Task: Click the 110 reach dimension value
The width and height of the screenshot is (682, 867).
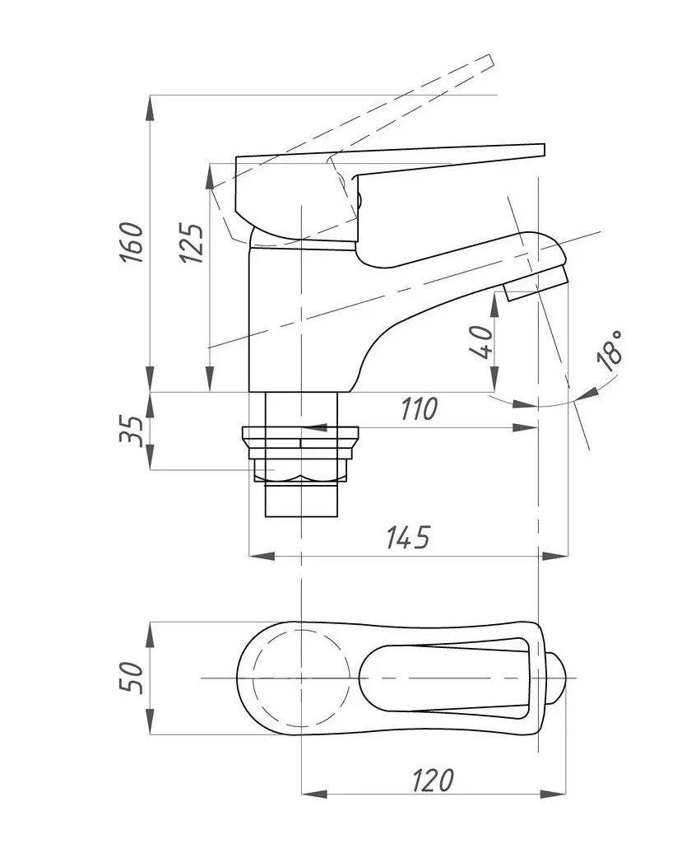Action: tap(419, 408)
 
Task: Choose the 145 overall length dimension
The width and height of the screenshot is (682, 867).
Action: tap(408, 537)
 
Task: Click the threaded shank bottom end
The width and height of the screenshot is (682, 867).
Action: tap(301, 502)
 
